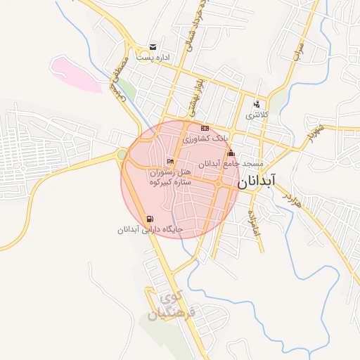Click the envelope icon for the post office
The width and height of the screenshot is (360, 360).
(x=152, y=48)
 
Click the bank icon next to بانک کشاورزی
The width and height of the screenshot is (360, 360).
(x=205, y=129)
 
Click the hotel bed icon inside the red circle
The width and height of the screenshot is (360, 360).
(x=169, y=162)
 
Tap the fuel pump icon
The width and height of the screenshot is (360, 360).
(x=149, y=219)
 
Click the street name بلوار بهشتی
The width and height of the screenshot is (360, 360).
(x=196, y=98)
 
